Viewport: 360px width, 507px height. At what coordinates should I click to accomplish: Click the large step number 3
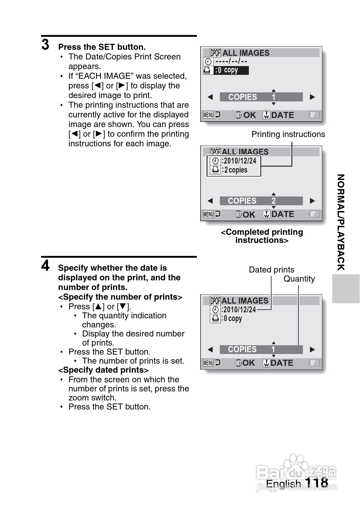(45, 45)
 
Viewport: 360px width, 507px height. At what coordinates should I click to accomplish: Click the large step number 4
(45, 266)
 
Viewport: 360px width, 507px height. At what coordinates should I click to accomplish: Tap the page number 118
(317, 482)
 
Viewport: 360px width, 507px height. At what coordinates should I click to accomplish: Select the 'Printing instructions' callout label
(288, 134)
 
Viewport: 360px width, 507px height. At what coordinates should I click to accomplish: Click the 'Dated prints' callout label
(271, 269)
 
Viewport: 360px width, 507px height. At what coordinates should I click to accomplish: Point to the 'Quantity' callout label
(299, 279)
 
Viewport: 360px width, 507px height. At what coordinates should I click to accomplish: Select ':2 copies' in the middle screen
(235, 170)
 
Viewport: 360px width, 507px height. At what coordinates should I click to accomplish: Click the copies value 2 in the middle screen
(273, 201)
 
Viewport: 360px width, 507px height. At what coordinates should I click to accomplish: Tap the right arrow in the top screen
(312, 97)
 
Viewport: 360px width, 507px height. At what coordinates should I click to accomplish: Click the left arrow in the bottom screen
(210, 349)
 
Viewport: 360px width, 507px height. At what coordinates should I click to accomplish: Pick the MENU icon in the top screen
(208, 115)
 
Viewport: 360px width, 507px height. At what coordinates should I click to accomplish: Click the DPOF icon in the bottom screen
(215, 301)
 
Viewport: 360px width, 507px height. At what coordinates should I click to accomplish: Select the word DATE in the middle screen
(283, 214)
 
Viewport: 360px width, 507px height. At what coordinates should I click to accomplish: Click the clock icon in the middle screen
(215, 161)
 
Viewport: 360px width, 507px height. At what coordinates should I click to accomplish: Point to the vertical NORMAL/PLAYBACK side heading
(341, 222)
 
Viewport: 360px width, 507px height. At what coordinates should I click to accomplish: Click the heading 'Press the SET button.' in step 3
(102, 47)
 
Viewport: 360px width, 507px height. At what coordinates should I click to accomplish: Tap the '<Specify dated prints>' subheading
(103, 370)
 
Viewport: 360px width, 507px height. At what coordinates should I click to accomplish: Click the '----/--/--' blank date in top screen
(231, 61)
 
